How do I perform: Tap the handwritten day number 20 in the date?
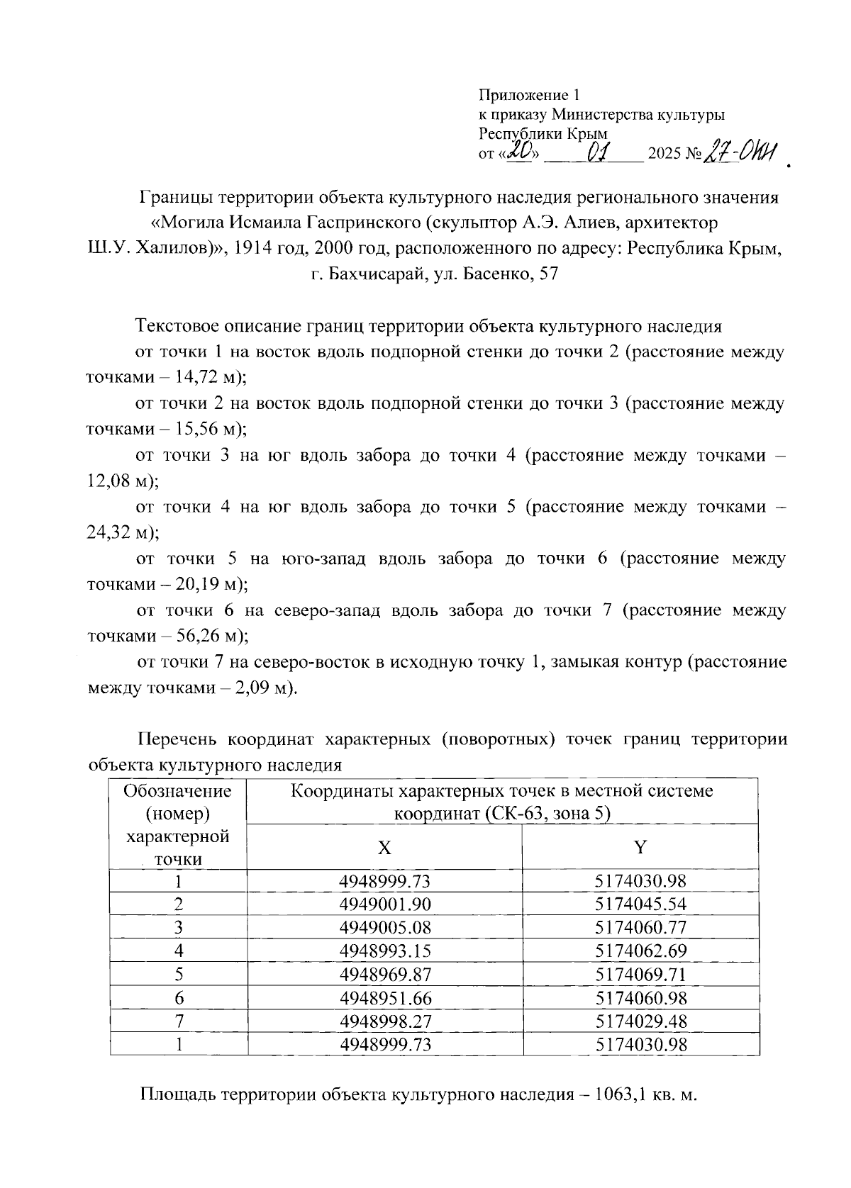pyautogui.click(x=521, y=152)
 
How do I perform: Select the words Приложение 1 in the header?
pyautogui.click(x=530, y=95)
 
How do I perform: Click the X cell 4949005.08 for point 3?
pyautogui.click(x=385, y=927)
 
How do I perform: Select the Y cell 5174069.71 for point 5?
pyautogui.click(x=640, y=974)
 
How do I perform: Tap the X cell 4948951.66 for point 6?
pyautogui.click(x=385, y=998)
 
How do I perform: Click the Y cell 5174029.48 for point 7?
pyautogui.click(x=640, y=1021)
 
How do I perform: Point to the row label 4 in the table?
pyautogui.click(x=178, y=951)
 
